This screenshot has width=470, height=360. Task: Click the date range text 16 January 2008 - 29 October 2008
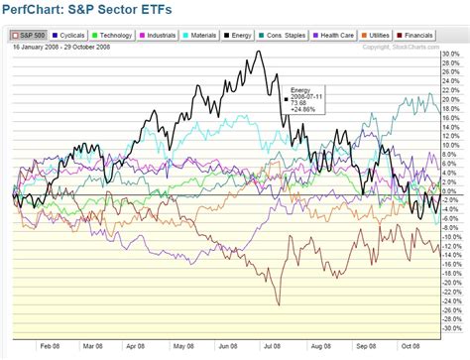tap(61, 46)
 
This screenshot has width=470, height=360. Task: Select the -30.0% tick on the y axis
tap(451, 328)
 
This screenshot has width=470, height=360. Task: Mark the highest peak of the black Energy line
tap(260, 52)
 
